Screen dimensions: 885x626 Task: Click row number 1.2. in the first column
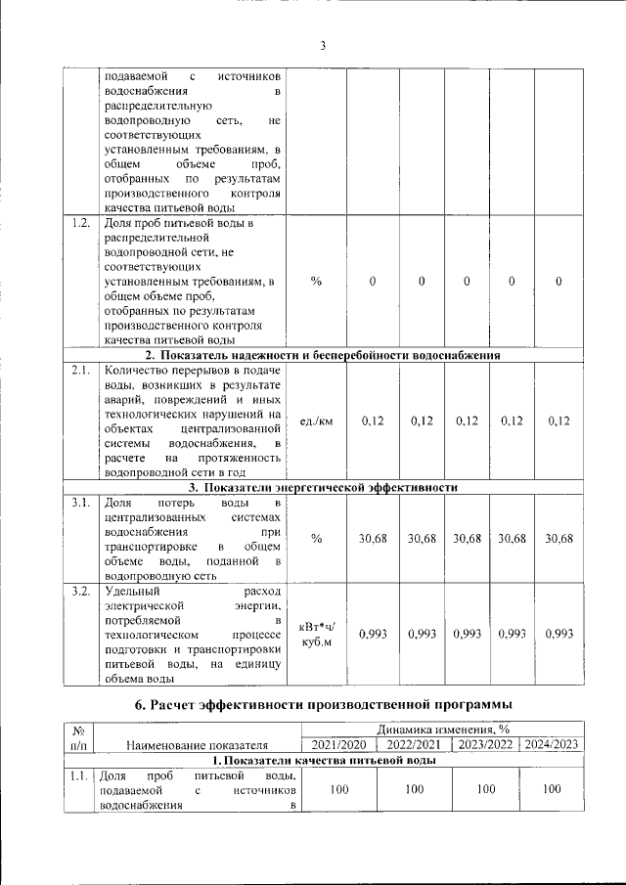click(x=81, y=223)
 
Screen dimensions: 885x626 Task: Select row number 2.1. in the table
click(x=81, y=371)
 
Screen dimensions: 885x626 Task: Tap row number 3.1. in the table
click(x=81, y=503)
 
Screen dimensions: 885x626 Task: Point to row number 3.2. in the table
click(x=81, y=592)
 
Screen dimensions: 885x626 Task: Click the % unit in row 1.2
click(x=316, y=282)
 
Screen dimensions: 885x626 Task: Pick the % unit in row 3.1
click(x=316, y=539)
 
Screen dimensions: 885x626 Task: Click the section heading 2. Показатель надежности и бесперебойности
click(x=323, y=355)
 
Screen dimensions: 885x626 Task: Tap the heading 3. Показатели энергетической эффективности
click(x=323, y=487)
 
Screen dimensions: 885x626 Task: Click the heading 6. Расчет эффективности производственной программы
click(x=323, y=705)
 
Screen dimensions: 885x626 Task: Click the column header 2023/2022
click(x=486, y=744)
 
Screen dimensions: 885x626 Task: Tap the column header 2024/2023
click(x=552, y=744)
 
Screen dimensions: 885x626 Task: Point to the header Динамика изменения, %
click(x=443, y=729)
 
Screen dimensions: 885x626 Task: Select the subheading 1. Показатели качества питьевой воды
click(x=323, y=760)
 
